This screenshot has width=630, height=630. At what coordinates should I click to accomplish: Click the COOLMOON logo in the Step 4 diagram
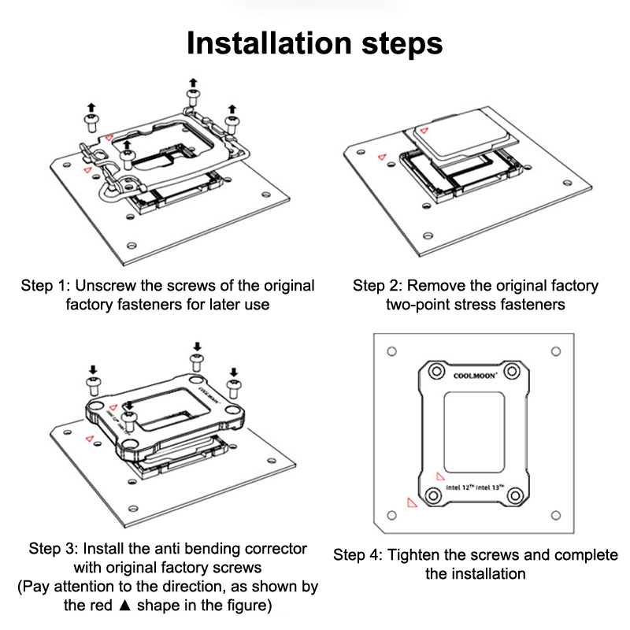click(475, 376)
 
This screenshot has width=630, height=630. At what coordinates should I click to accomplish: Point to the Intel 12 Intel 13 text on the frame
click(475, 487)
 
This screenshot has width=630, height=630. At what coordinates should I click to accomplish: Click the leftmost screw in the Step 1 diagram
click(91, 120)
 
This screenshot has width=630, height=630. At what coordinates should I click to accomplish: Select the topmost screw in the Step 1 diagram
click(193, 95)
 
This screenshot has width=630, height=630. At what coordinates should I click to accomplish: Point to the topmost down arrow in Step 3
click(198, 346)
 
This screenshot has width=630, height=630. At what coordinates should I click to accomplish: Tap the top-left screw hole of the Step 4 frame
click(435, 370)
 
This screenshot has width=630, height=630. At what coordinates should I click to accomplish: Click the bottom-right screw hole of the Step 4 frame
click(514, 496)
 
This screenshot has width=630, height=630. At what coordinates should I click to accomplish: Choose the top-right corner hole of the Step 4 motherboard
click(556, 350)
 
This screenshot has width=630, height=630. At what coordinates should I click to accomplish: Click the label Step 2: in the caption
click(376, 285)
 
